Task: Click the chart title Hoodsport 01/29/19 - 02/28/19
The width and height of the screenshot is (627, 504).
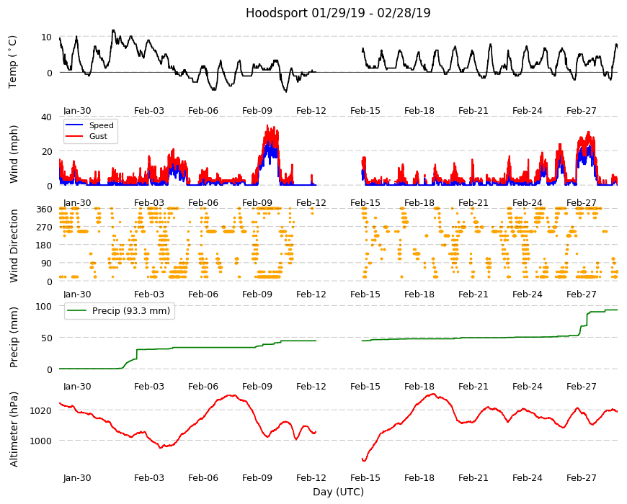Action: [338, 13]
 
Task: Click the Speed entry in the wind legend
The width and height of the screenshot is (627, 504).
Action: [101, 125]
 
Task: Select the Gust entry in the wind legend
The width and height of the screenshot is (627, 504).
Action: [98, 136]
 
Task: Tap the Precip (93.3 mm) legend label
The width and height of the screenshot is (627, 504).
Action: [131, 311]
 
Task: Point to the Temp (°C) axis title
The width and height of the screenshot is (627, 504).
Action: [13, 62]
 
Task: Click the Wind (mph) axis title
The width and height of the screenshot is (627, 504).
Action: [14, 154]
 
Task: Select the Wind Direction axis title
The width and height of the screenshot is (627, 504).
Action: [14, 246]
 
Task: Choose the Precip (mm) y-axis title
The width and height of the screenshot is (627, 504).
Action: [14, 337]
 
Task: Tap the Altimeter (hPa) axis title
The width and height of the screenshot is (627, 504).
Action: [14, 429]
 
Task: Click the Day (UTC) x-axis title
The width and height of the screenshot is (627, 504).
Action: [338, 492]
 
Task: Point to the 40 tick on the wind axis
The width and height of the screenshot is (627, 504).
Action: [46, 117]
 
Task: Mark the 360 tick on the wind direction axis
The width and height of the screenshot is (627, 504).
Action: [45, 210]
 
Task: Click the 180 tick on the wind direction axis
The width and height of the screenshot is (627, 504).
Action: [45, 246]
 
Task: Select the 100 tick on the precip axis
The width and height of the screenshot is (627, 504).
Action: [45, 306]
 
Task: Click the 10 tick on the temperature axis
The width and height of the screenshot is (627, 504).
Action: [46, 37]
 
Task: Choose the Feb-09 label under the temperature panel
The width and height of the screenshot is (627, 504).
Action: [257, 111]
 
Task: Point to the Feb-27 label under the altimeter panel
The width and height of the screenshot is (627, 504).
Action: [582, 477]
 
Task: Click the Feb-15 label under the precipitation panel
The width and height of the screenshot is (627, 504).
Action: [365, 386]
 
